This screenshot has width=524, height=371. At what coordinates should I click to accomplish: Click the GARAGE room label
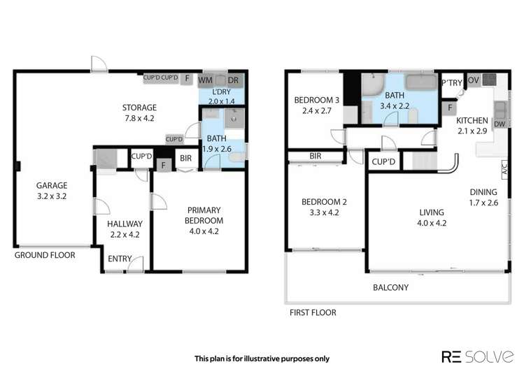click(x=52, y=185)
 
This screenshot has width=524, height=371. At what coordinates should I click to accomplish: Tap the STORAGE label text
click(x=139, y=108)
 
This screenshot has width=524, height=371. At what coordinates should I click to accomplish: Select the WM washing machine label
click(x=208, y=79)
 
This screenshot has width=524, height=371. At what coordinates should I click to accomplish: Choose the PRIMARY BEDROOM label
click(x=204, y=215)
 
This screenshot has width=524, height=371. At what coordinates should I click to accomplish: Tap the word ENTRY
click(x=119, y=259)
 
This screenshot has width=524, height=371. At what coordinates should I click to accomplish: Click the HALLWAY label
click(x=125, y=224)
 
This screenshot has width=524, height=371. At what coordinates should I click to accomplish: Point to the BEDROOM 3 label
click(x=316, y=100)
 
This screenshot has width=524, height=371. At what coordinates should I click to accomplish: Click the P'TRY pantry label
click(x=452, y=83)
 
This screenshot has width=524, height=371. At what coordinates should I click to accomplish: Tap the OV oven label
click(x=473, y=80)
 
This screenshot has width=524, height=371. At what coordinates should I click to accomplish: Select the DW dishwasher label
click(x=500, y=124)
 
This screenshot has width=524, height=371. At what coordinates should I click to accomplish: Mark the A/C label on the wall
click(x=504, y=168)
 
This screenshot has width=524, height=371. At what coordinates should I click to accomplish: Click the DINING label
click(x=483, y=192)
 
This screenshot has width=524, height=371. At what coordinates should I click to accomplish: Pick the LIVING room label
click(x=432, y=212)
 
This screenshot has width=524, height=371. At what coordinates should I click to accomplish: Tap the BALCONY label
click(x=390, y=287)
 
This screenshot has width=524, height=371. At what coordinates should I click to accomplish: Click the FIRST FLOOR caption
click(x=313, y=313)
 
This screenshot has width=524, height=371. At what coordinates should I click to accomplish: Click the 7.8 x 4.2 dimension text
click(x=139, y=119)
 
